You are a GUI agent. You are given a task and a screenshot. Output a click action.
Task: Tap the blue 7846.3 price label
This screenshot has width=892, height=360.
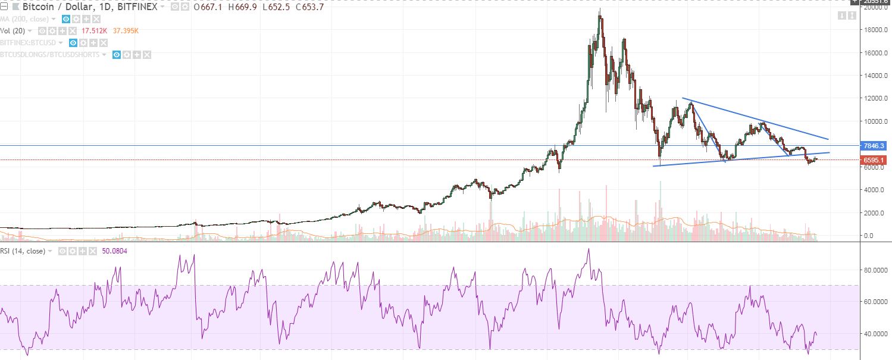[874, 146]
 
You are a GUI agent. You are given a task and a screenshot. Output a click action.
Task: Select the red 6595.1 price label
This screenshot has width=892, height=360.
[874, 160]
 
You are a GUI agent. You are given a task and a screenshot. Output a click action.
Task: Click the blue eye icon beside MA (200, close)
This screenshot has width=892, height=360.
[65, 19]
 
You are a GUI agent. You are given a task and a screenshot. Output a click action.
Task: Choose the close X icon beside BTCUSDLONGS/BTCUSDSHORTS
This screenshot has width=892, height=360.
[147, 55]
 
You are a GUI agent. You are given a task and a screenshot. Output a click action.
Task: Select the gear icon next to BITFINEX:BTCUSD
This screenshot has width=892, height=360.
[84, 43]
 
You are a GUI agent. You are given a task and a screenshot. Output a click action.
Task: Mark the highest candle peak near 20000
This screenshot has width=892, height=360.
[600, 10]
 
